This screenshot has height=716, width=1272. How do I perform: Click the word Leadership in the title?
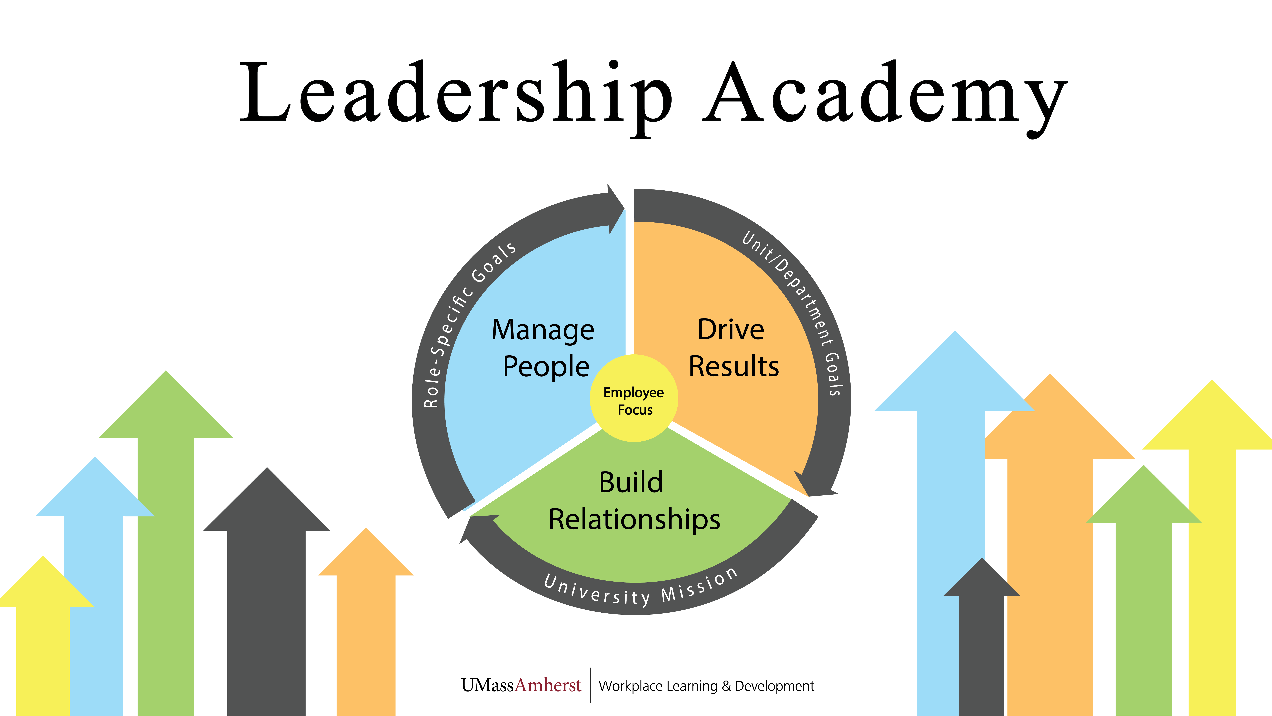click(x=454, y=94)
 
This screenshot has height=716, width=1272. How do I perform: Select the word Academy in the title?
click(x=884, y=94)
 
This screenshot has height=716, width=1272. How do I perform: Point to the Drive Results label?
click(x=733, y=348)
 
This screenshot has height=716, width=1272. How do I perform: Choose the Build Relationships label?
click(x=634, y=501)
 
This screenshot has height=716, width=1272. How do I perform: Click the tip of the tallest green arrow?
click(x=166, y=376)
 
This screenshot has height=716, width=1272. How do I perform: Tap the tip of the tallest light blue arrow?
click(x=955, y=336)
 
